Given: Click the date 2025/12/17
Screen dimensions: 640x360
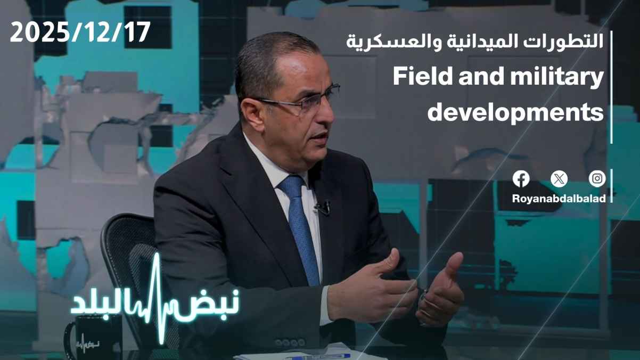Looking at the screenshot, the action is click(80, 32).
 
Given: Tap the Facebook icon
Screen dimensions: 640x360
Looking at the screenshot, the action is click(521, 179).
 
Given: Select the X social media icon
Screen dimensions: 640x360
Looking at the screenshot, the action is click(559, 179).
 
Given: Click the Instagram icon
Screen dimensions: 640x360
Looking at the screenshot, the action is click(597, 179).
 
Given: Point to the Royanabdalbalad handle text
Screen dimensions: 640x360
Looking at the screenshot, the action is click(559, 199).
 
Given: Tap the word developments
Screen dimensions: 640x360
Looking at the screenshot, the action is click(515, 112).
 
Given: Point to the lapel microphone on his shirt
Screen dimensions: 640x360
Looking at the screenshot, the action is click(323, 208).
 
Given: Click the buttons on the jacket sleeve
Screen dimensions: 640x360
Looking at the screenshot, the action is click(289, 342).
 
